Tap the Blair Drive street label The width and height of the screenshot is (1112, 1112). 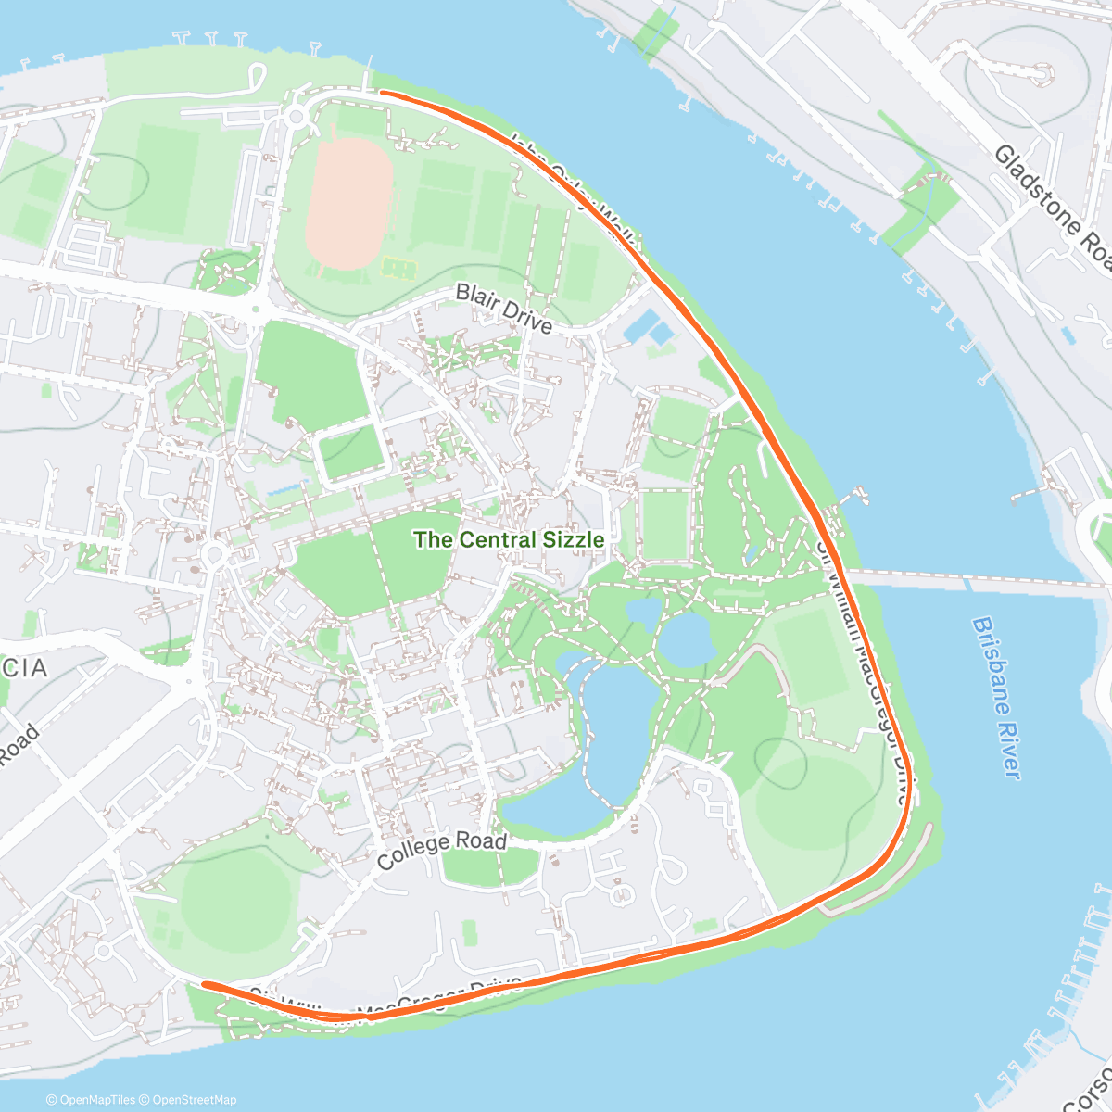coord(504,308)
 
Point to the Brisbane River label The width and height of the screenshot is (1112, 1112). coord(997,697)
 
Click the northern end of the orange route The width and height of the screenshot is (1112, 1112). coord(383,93)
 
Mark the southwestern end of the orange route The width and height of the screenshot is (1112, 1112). coord(205,984)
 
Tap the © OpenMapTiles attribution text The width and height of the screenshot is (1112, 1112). coord(90,1100)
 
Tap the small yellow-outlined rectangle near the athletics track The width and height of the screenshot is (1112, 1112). coord(399,268)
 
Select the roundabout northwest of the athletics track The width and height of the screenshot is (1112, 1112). coord(297,117)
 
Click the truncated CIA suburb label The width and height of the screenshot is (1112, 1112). coord(23,667)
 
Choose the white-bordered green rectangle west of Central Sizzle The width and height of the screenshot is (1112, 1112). coord(351,453)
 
